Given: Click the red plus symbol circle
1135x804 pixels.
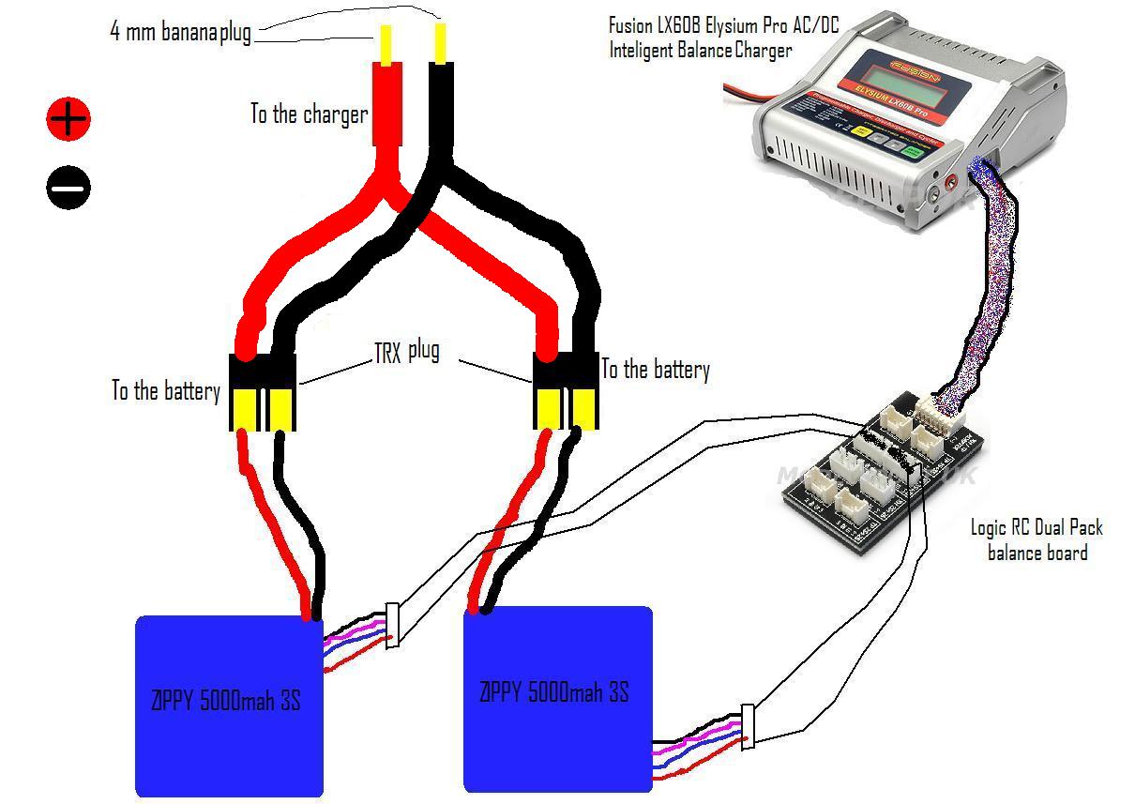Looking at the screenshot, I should tap(68, 119).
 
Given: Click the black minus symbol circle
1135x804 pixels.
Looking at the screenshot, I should tap(68, 188).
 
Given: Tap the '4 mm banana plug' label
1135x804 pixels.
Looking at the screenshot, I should tap(181, 32).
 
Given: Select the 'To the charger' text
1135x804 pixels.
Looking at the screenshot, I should tap(309, 114).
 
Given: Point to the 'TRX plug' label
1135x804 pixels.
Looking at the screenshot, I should tap(407, 353).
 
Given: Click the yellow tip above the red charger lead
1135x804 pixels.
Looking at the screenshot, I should tap(386, 43).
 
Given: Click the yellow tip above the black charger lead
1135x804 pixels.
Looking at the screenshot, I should tap(439, 43).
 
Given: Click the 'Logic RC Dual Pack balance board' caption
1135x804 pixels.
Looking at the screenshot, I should tap(1037, 539).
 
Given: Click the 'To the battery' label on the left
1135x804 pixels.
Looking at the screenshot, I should tap(166, 390).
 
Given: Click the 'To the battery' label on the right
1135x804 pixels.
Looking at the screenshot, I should tap(655, 370).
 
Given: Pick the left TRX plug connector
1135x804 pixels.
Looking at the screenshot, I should tap(263, 392).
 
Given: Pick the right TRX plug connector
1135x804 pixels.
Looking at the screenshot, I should tap(567, 390).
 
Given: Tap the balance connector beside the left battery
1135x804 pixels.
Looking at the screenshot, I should tap(393, 625).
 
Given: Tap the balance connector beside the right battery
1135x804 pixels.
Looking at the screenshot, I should tap(747, 726).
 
